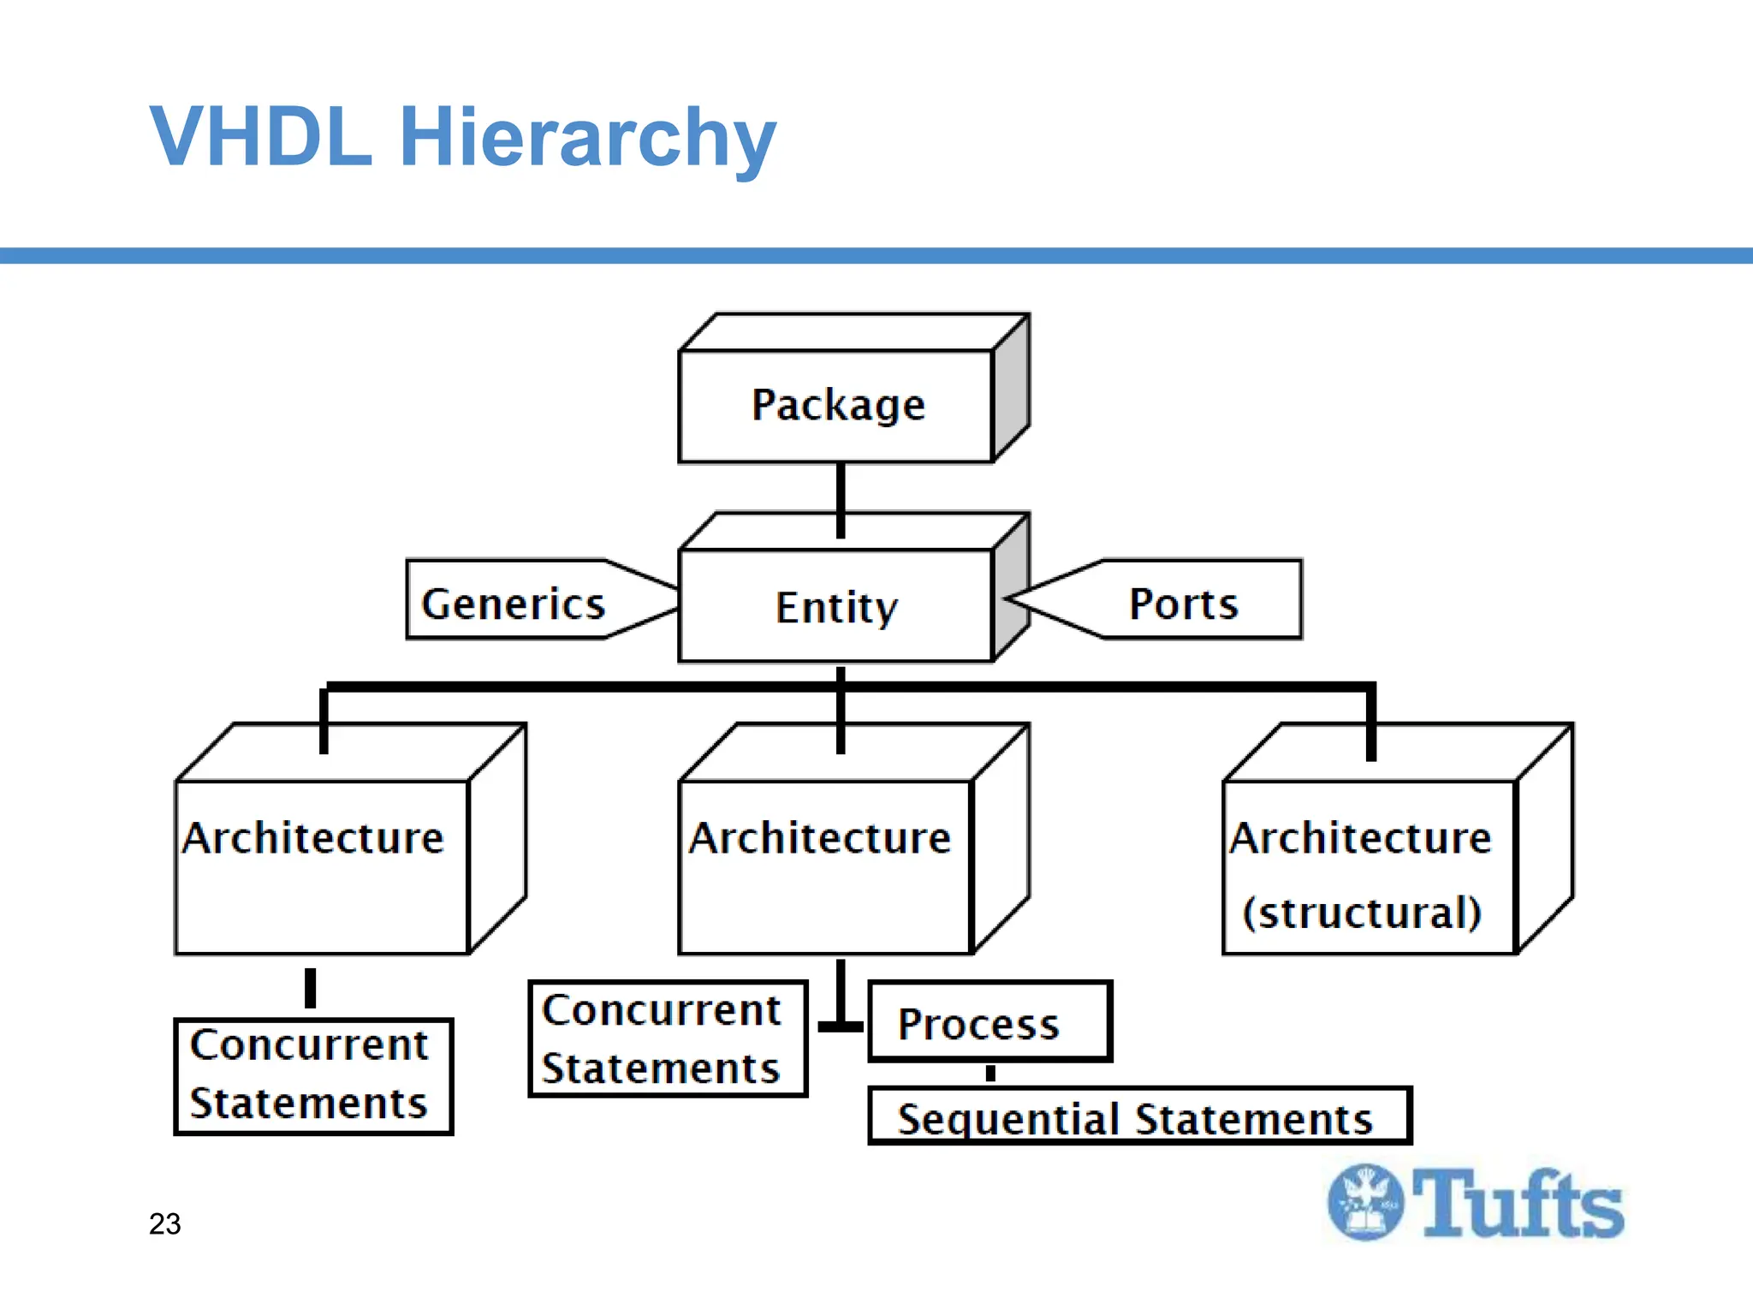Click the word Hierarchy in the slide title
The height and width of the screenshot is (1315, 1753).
point(587,137)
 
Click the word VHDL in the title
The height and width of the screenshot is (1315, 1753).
point(261,137)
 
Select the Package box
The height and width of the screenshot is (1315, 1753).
point(836,406)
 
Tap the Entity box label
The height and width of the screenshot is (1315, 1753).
point(836,607)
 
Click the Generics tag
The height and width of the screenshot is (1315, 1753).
point(514,603)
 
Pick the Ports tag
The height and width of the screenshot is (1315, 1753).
point(1184,603)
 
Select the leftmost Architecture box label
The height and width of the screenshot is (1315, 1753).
point(313,837)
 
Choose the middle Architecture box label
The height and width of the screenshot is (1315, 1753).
point(820,837)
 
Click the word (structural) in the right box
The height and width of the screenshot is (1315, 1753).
point(1362,913)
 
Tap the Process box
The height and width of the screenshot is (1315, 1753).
point(989,1022)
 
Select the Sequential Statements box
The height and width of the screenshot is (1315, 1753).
point(1138,1116)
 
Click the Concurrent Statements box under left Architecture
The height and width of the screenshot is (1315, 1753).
point(313,1075)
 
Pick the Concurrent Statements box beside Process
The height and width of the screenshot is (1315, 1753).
point(668,1038)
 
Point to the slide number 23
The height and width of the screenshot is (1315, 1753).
point(164,1224)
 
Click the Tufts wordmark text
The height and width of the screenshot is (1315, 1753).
point(1518,1204)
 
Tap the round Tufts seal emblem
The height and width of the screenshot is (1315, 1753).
point(1365,1203)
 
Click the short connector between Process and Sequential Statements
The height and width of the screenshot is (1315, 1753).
point(990,1074)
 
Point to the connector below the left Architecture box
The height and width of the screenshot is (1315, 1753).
point(311,988)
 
